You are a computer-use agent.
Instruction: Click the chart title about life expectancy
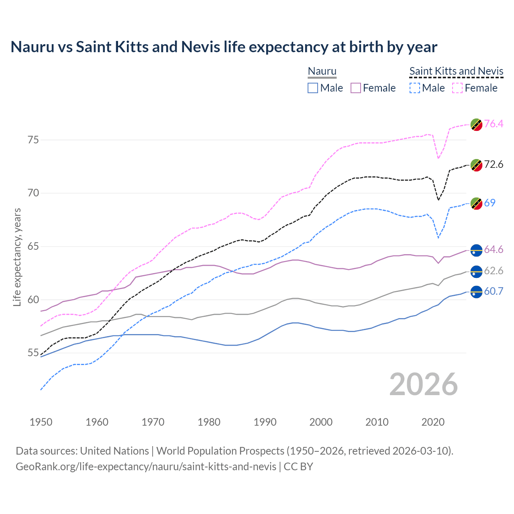[224, 47]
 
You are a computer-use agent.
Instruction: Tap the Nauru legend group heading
[322, 71]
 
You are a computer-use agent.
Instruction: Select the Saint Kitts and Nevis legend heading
[456, 71]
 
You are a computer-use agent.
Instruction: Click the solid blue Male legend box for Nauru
[313, 88]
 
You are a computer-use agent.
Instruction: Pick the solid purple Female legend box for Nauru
[356, 88]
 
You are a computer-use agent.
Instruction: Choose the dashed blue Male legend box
[415, 88]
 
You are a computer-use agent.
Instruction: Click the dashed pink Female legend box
[457, 88]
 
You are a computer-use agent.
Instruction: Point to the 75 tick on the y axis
[33, 140]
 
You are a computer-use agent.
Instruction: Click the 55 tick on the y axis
[33, 353]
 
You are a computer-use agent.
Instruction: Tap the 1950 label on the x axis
[41, 422]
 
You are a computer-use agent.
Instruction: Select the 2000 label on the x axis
[321, 422]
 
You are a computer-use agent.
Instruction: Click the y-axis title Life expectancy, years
[17, 257]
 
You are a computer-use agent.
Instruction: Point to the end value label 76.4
[494, 124]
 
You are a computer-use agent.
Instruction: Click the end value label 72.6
[494, 165]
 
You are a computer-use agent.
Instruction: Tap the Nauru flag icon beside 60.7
[476, 292]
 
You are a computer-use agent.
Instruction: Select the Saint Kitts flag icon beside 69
[476, 204]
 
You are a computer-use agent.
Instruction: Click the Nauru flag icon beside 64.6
[476, 250]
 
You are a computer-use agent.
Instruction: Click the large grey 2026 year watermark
[424, 384]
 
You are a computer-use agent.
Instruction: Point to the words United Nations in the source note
[114, 451]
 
